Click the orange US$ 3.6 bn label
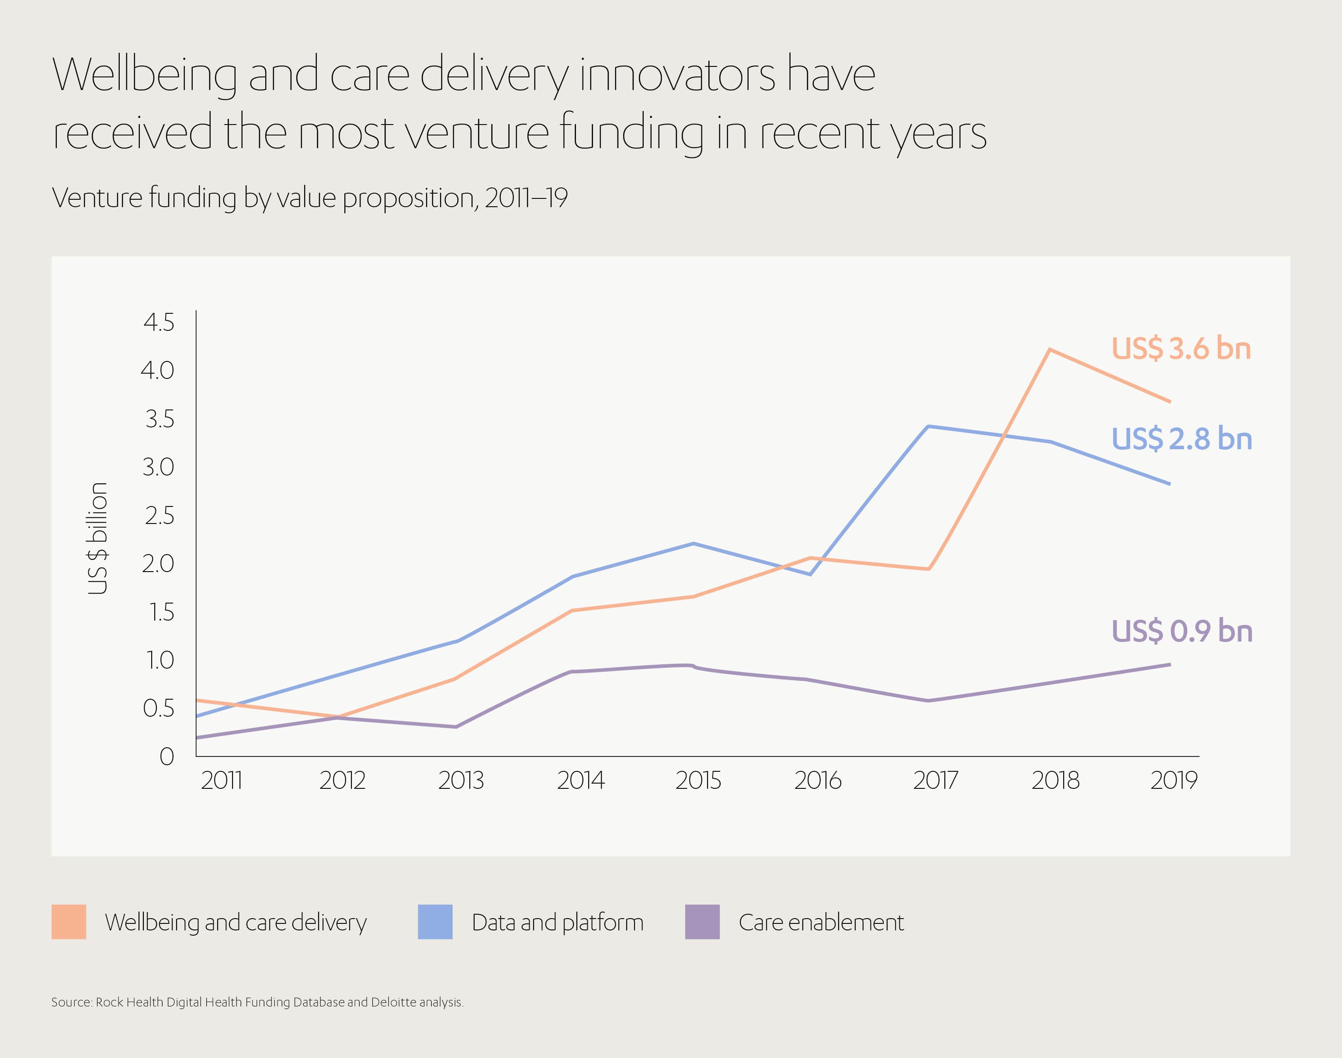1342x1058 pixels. click(x=1181, y=349)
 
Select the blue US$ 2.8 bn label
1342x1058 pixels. click(x=1182, y=439)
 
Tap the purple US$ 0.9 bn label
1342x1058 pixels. click(x=1182, y=631)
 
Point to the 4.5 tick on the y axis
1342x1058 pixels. click(x=159, y=323)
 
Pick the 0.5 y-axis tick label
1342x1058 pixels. click(x=159, y=708)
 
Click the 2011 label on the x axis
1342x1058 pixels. click(x=221, y=780)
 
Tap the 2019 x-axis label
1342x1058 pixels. click(x=1174, y=780)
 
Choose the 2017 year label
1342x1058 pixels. click(x=935, y=780)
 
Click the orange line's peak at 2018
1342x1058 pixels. click(x=1050, y=349)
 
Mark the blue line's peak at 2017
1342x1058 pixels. click(x=928, y=426)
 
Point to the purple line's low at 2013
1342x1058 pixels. click(x=456, y=727)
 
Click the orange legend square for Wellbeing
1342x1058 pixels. click(x=69, y=922)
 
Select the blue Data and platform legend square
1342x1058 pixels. click(x=435, y=922)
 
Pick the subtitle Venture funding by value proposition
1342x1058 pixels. click(x=310, y=198)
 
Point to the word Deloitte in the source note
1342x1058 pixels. click(x=393, y=1002)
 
